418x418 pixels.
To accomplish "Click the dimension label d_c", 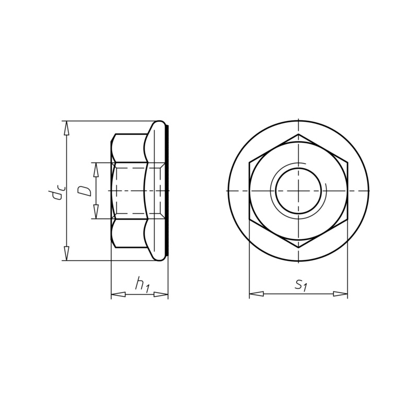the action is (58, 191).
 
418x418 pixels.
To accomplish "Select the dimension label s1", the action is (301, 285).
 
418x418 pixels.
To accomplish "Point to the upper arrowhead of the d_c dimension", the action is (67, 129).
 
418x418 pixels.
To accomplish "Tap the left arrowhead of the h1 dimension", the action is (118, 294).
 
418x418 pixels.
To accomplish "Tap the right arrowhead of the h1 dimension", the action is (161, 294).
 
